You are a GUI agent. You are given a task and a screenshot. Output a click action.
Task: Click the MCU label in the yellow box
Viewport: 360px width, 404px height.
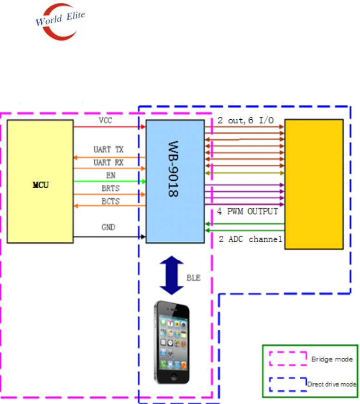point(41,185)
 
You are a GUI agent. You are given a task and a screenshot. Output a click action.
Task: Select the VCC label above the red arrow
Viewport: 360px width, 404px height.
point(105,120)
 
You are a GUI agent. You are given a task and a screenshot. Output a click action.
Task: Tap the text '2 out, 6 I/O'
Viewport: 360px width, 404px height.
point(246,121)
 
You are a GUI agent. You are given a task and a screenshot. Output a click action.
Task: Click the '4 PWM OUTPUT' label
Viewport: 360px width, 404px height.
point(248,212)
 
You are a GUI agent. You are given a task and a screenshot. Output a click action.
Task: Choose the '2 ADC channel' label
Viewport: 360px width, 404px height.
point(250,239)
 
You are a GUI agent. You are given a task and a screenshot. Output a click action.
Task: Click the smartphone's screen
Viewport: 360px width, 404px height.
point(172,341)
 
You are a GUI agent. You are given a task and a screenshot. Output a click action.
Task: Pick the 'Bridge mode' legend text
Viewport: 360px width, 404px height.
point(332,359)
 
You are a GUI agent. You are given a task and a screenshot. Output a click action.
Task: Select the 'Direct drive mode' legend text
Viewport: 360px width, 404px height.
point(331,384)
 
